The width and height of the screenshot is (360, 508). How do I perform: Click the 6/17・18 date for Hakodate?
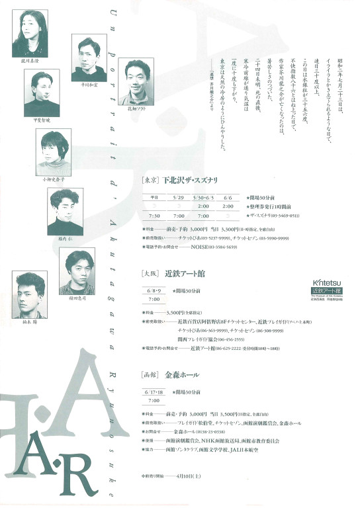click(154, 392)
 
